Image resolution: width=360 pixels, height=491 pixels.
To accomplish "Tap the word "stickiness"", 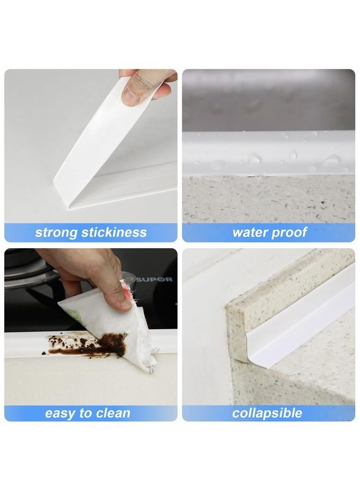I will (115, 232).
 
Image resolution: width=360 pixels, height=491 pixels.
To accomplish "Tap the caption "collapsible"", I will (267, 413).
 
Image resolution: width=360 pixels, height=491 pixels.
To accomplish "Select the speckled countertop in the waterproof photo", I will (267, 199).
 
